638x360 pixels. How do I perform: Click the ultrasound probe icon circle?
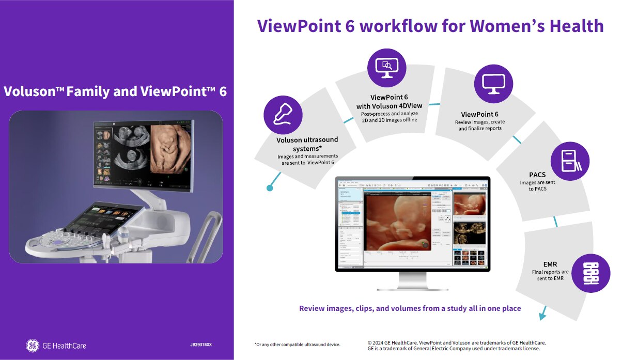(x=283, y=115)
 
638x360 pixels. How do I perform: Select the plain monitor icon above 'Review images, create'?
(x=493, y=84)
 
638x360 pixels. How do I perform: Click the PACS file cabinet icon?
(x=570, y=161)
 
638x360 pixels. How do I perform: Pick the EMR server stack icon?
(x=591, y=273)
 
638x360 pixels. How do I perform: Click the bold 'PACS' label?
(x=537, y=175)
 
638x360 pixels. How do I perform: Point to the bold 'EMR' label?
(x=550, y=264)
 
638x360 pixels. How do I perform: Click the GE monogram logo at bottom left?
(x=32, y=345)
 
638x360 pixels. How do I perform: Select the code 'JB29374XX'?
(x=201, y=345)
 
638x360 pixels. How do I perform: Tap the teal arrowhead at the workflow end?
(x=542, y=315)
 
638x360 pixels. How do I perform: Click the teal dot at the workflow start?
(x=270, y=188)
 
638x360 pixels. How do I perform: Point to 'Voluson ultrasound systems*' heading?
(x=307, y=144)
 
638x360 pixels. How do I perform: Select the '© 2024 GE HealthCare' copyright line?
(x=456, y=342)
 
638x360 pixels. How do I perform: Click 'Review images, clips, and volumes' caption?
(x=410, y=308)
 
